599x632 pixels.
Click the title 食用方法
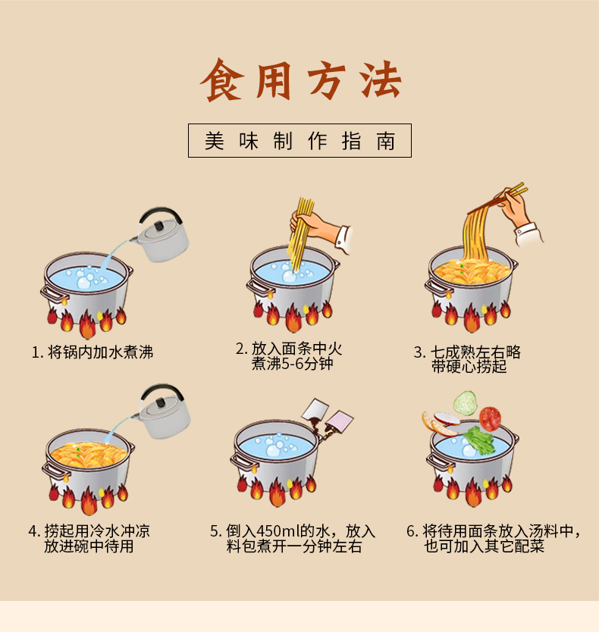pos(300,80)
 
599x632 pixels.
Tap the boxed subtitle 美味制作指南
pos(299,140)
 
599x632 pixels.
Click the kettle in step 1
pos(162,236)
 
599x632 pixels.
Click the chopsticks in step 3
pos(497,199)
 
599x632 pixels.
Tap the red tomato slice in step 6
pos(490,418)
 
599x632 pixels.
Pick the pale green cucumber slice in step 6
pos(465,402)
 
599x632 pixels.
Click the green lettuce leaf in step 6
pos(478,440)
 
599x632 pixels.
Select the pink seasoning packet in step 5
pos(340,421)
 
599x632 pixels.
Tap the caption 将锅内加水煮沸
pos(100,352)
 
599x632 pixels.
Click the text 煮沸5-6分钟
pos(293,364)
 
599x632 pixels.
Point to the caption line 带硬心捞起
pos(469,366)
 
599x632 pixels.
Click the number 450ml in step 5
pos(276,530)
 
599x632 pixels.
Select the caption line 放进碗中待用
pos(89,546)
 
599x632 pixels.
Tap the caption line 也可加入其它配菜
pos(484,546)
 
